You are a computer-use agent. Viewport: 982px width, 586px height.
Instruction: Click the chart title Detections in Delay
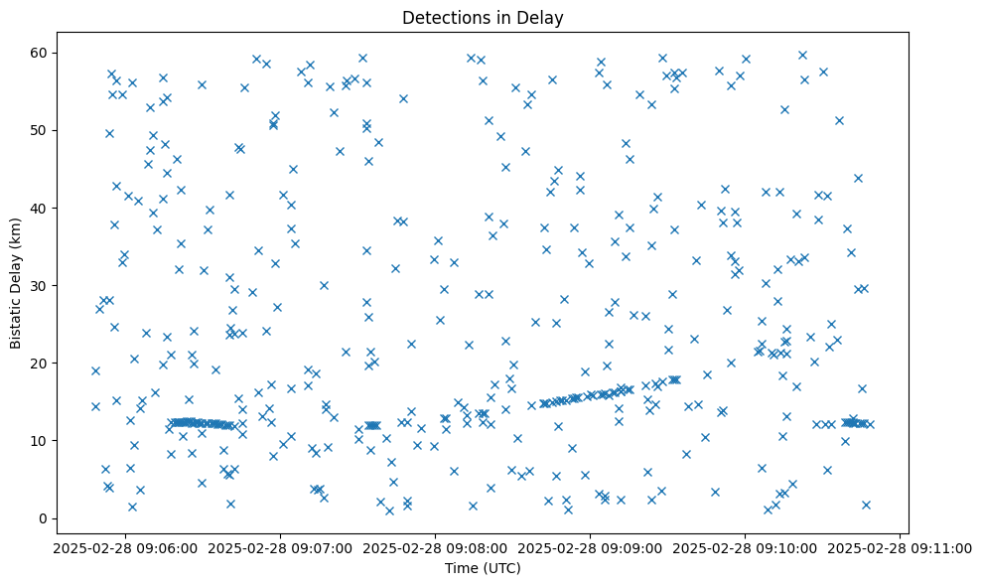(483, 17)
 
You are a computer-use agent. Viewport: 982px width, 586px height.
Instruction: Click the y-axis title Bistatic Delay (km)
(16, 282)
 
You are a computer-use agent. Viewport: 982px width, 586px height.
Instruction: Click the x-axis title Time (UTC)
(483, 569)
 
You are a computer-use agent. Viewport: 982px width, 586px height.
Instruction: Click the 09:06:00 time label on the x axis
(124, 547)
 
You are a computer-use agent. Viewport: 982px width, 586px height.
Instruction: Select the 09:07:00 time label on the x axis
(280, 547)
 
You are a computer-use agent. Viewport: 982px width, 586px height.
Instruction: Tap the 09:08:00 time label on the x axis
(435, 547)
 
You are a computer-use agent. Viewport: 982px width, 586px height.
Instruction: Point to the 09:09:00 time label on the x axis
(591, 547)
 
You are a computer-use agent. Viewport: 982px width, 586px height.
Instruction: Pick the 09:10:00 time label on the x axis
(746, 547)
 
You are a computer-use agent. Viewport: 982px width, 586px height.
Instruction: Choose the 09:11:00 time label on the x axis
(901, 547)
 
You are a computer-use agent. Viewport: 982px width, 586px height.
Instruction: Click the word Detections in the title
(442, 17)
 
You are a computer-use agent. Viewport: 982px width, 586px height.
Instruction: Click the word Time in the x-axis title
(461, 569)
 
